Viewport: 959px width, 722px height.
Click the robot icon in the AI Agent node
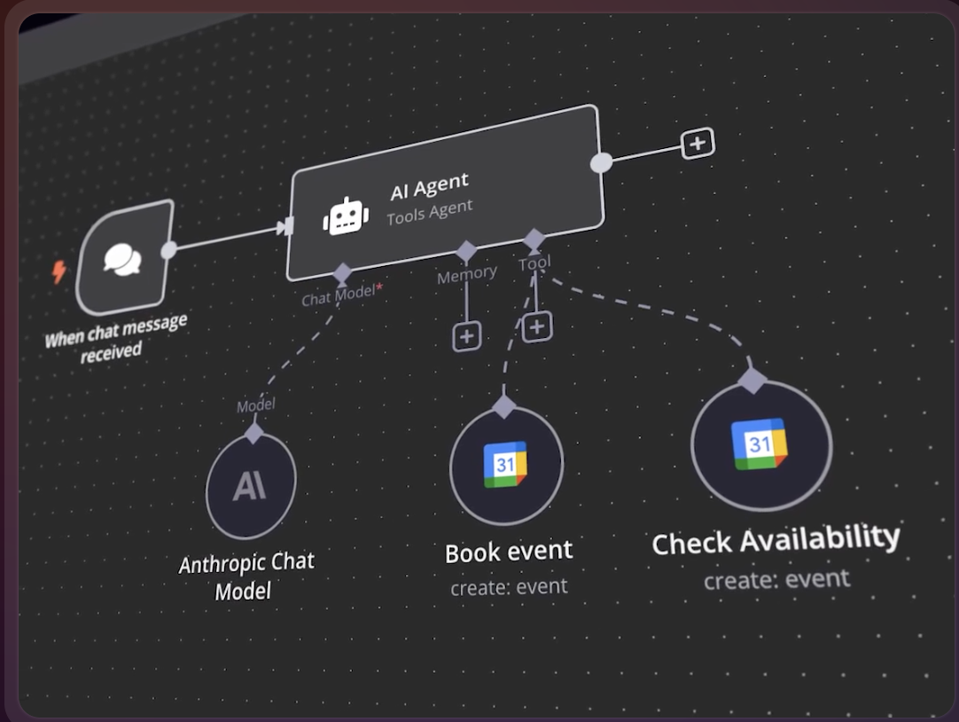click(346, 216)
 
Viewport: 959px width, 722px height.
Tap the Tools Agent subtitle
click(429, 211)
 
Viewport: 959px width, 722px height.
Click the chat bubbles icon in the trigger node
click(122, 258)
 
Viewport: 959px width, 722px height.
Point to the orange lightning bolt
click(58, 271)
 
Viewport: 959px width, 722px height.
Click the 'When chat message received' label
click(115, 336)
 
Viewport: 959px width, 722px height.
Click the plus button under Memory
click(467, 336)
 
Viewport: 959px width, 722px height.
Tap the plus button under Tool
click(536, 326)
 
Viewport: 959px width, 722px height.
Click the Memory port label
click(466, 274)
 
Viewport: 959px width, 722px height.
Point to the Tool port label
click(534, 263)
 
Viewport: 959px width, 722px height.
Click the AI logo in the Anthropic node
click(250, 486)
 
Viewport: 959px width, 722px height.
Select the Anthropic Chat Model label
click(246, 576)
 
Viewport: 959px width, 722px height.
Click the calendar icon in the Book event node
click(505, 465)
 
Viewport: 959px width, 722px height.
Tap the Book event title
click(509, 552)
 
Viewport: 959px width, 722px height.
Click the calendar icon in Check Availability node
click(760, 444)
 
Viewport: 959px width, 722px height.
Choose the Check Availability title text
click(776, 538)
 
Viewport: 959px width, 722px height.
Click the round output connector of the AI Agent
click(601, 162)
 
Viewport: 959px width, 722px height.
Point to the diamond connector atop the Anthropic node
click(254, 434)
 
